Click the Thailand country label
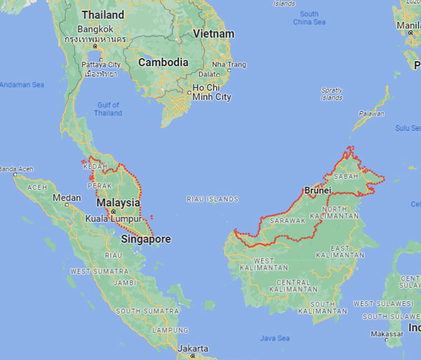pyautogui.click(x=102, y=15)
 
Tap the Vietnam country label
pyautogui.click(x=213, y=34)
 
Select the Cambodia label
pyautogui.click(x=163, y=62)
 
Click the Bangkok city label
pyautogui.click(x=95, y=29)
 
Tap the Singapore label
pyautogui.click(x=146, y=239)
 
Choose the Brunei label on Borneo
pyautogui.click(x=317, y=190)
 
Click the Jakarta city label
pyautogui.click(x=192, y=349)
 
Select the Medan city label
pyautogui.click(x=67, y=198)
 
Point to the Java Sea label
pyautogui.click(x=274, y=338)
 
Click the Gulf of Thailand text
pyautogui.click(x=108, y=109)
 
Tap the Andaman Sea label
pyautogui.click(x=22, y=85)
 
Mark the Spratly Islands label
pyautogui.click(x=331, y=94)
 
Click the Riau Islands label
pyautogui.click(x=213, y=199)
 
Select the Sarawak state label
pyautogui.click(x=288, y=220)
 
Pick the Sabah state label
pyautogui.click(x=345, y=176)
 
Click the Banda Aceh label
pyautogui.click(x=16, y=169)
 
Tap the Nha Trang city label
pyautogui.click(x=229, y=65)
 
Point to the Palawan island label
pyautogui.click(x=373, y=114)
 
